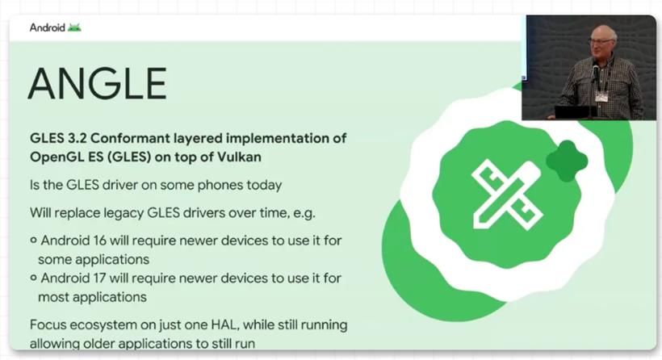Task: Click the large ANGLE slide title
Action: coord(98,84)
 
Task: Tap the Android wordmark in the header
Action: coord(48,28)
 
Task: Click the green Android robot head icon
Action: coord(74,28)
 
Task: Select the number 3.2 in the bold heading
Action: coord(76,138)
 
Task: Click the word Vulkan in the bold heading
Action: coord(240,157)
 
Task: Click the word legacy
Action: coord(120,213)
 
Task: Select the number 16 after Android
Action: coord(99,241)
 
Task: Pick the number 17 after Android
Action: coord(99,278)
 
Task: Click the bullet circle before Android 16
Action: coord(34,241)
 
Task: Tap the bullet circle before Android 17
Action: coord(34,278)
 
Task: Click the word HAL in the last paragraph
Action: coord(222,325)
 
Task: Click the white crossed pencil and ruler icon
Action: coord(507,194)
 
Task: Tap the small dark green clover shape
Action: coord(567,161)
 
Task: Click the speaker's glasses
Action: coord(600,41)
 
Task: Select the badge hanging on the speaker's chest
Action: coord(601,97)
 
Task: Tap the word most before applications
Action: coord(53,298)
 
